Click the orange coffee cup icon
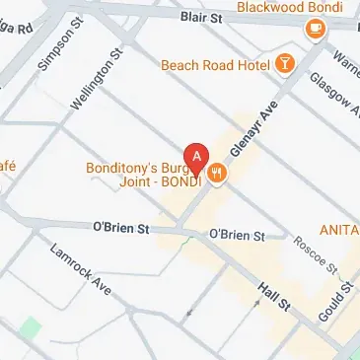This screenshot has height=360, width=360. pos(316,30)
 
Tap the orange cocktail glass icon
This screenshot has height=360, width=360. pos(285,64)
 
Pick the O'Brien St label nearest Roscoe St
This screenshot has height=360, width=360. pos(237,235)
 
